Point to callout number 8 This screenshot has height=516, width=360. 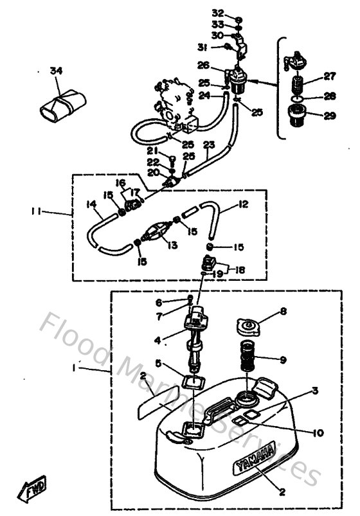283,314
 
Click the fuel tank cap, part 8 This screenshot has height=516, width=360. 248,327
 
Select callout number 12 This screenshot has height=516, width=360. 243,204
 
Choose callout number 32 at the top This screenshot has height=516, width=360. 218,13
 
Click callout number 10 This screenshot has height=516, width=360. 283,432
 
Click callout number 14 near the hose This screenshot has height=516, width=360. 92,205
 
